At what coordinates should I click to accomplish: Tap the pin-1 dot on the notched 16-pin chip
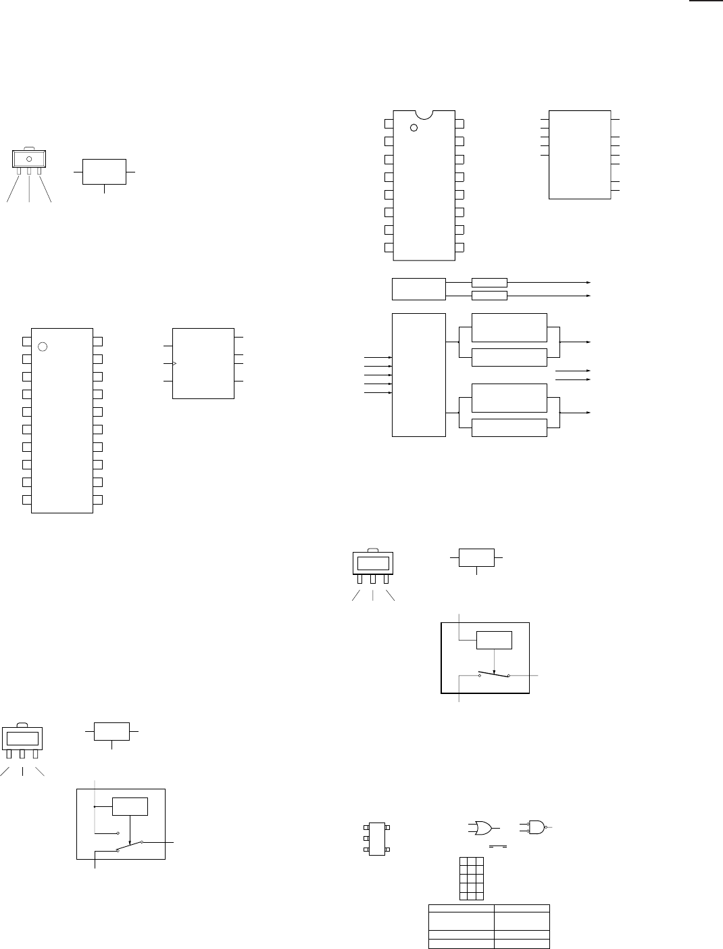tap(414, 127)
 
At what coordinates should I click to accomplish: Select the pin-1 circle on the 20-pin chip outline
tap(43, 346)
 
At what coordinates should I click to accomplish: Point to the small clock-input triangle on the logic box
tap(175, 364)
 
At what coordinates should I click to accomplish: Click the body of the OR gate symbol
tap(482, 827)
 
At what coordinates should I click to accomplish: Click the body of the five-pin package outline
tap(377, 839)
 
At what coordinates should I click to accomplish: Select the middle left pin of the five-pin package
tap(365, 839)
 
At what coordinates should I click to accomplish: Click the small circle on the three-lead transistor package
tap(29, 160)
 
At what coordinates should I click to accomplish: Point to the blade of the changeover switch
tap(130, 846)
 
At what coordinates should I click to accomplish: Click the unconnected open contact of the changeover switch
tap(118, 833)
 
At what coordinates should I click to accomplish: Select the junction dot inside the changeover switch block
tap(95, 806)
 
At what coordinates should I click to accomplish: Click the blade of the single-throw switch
tap(494, 674)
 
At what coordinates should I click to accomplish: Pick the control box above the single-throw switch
tap(495, 639)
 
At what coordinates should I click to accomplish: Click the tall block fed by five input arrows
tap(419, 375)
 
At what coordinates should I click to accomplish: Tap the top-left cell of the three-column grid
tap(464, 862)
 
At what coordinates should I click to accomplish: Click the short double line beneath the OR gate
tap(498, 846)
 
